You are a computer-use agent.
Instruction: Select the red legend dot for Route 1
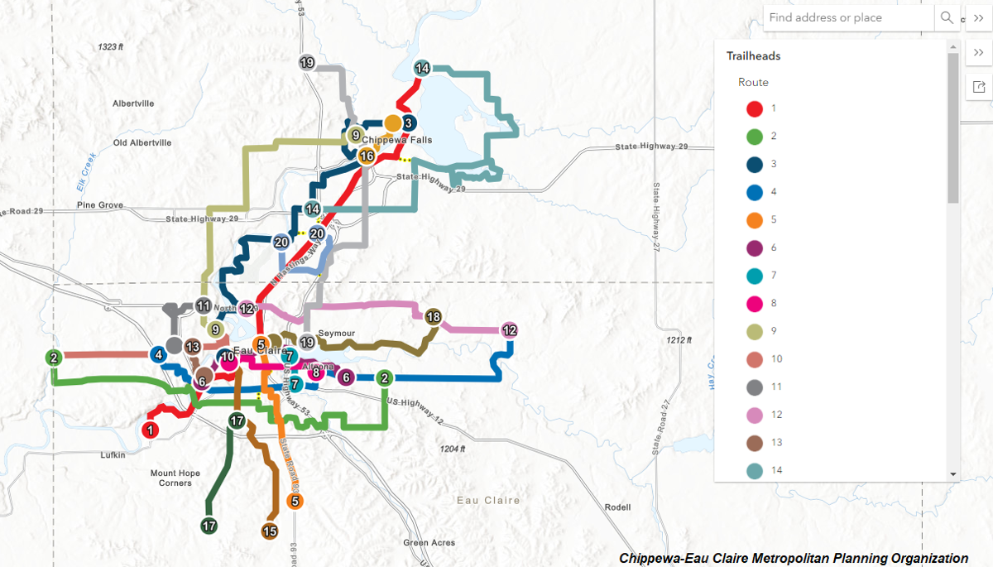click(x=755, y=108)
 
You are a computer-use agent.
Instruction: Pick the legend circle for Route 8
click(x=755, y=303)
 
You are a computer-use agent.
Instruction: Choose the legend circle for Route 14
click(x=755, y=470)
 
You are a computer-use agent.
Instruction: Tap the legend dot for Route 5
click(x=755, y=219)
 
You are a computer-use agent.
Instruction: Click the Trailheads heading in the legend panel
click(x=753, y=56)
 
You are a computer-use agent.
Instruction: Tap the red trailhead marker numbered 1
click(x=150, y=430)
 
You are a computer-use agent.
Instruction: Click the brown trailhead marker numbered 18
click(x=434, y=316)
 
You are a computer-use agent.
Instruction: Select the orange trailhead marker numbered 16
click(x=367, y=156)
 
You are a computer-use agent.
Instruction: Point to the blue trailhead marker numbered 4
click(x=158, y=355)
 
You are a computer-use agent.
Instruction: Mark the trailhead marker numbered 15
click(x=269, y=531)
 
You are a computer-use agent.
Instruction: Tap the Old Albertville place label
click(x=142, y=142)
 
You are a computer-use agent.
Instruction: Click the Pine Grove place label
click(x=99, y=205)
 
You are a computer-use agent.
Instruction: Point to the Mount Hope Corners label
click(x=170, y=478)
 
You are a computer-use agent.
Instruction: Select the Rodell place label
click(x=617, y=507)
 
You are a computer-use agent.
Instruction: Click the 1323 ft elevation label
click(x=110, y=47)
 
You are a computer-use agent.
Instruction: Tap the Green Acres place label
click(x=429, y=543)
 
